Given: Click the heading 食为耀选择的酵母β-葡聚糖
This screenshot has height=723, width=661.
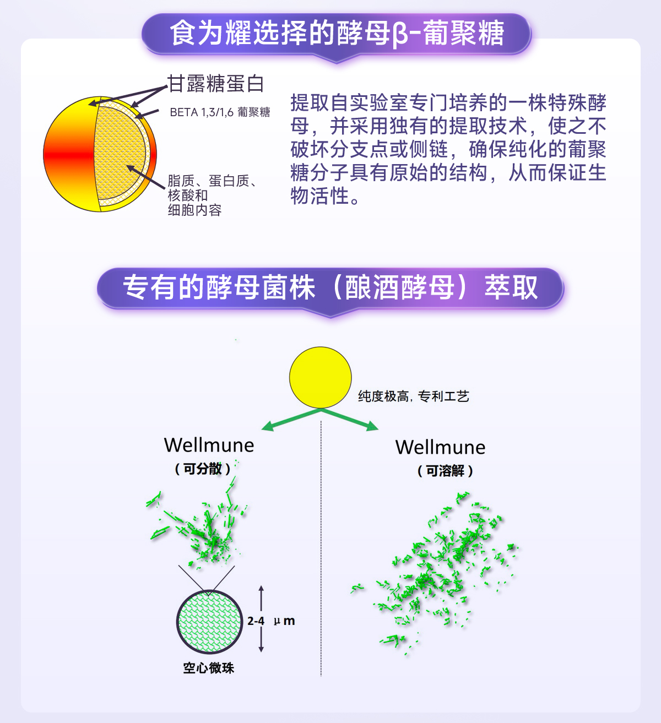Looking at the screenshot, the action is (337, 34).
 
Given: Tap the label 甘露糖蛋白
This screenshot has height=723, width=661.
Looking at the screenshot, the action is (216, 84).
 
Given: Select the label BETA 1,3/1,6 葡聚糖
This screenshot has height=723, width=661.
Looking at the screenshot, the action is (220, 112).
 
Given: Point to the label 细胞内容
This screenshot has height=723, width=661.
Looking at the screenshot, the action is (194, 210).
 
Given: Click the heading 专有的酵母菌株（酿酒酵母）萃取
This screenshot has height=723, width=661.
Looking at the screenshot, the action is (330, 288).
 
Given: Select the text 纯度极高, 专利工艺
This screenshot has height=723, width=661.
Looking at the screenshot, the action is (413, 396).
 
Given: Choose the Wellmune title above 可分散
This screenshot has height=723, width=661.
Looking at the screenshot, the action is (209, 445).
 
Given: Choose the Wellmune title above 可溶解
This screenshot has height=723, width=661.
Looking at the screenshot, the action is (440, 447).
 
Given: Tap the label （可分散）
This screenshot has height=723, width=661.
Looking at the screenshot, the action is (202, 469).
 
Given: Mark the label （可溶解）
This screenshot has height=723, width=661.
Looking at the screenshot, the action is (445, 471).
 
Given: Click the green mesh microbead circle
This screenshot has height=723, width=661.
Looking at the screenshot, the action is (209, 622).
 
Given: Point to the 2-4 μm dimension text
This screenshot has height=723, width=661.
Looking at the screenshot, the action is (271, 621).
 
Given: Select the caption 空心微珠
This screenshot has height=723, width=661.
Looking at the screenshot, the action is (208, 668).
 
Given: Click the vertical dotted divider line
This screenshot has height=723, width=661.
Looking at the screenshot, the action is (321, 551).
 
